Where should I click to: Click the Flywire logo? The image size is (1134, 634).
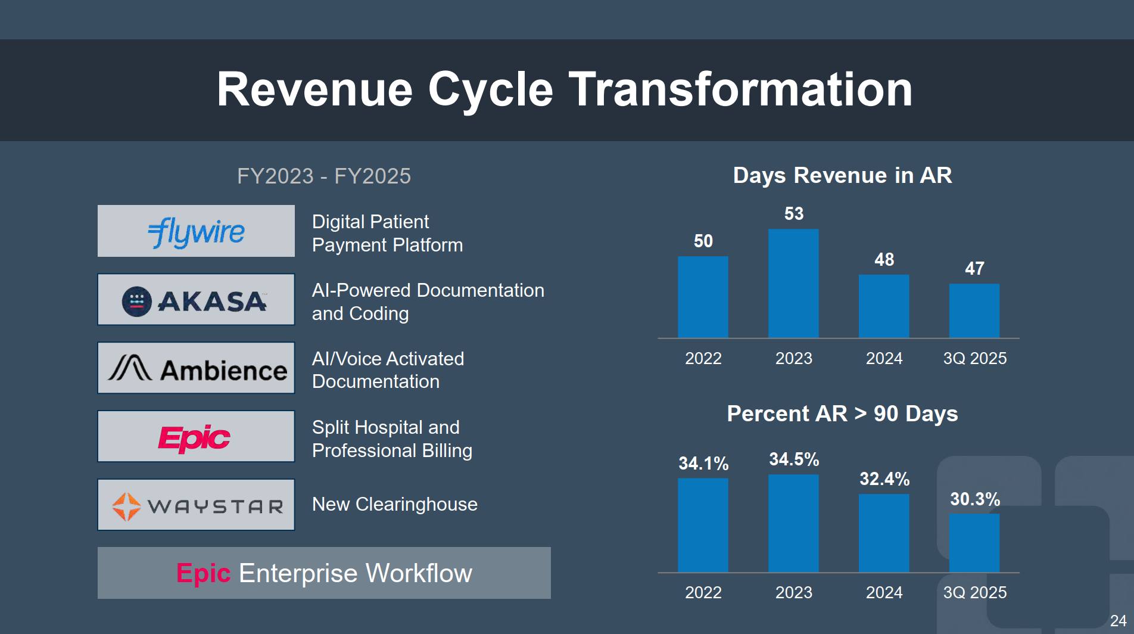click(196, 231)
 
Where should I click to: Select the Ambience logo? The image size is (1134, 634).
click(196, 368)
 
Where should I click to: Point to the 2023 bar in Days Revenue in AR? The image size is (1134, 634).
click(793, 284)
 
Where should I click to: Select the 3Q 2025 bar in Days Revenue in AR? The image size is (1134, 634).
click(974, 311)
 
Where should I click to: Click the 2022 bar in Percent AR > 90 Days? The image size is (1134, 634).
click(703, 525)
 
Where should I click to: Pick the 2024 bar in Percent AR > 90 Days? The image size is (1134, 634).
click(884, 533)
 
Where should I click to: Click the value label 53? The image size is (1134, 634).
click(794, 214)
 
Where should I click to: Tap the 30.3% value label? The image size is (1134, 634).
click(975, 499)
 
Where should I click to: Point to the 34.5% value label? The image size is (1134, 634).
click(794, 459)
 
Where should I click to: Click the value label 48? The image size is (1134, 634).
click(884, 260)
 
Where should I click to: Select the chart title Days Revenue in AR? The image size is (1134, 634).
click(842, 176)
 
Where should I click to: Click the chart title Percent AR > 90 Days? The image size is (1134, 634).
click(842, 414)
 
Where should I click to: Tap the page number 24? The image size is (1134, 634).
click(1118, 621)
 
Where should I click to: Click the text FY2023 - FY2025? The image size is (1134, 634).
click(324, 176)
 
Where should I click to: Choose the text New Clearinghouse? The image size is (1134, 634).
click(395, 505)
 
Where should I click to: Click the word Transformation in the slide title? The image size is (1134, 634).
click(741, 90)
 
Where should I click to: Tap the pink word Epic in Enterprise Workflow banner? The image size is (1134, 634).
click(203, 573)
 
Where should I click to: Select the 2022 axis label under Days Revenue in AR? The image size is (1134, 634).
click(703, 359)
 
